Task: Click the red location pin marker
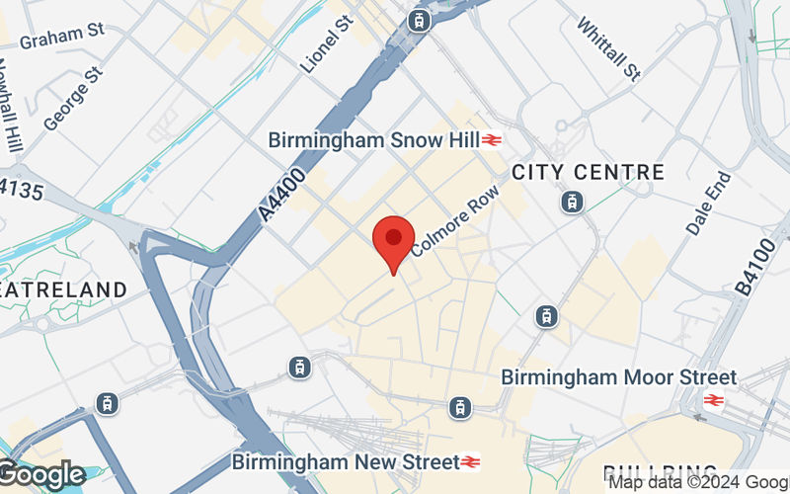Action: pos(393,239)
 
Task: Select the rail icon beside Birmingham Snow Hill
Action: pos(493,141)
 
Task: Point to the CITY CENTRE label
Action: pos(588,172)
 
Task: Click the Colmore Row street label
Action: pos(455,218)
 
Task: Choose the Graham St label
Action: pos(62,37)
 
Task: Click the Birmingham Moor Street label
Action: pos(618,377)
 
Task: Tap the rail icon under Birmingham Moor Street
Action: pos(714,400)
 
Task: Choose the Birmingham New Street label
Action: pos(345,461)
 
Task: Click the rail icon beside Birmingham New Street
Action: pos(471,461)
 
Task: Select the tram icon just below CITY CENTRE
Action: pos(572,203)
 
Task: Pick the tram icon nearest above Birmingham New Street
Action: pos(459,406)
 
